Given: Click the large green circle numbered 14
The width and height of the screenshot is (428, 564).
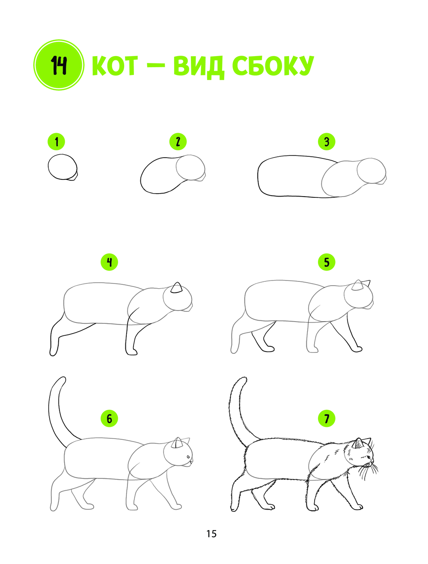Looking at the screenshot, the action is coord(59,65).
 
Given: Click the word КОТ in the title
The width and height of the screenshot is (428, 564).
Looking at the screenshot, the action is coord(115,66).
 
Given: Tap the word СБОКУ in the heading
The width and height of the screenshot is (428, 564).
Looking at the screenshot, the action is coord(273,66).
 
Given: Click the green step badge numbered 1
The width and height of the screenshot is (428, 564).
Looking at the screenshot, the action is coord(56,142).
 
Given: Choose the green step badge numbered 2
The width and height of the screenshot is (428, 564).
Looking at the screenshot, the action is coord(178,142).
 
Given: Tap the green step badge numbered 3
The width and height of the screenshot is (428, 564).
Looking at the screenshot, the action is coord(327,142).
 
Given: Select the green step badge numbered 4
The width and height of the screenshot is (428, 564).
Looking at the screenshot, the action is coord(110,262).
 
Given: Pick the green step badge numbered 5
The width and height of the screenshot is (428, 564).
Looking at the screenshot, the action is coord(327,262).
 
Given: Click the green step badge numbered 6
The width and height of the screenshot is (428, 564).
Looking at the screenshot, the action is coord(110,418).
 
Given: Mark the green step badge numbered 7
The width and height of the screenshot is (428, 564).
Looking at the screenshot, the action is coord(327,418).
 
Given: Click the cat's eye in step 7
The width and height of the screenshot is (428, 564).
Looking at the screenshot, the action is coord(368,457).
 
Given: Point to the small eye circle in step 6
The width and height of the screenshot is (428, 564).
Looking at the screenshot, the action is coord(188,457).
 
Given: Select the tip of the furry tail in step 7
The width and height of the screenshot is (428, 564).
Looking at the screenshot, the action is coord(243,379).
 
